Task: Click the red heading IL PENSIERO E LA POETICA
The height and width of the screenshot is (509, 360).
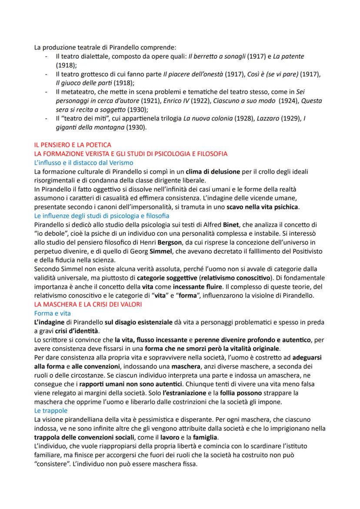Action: [x=69, y=146]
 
